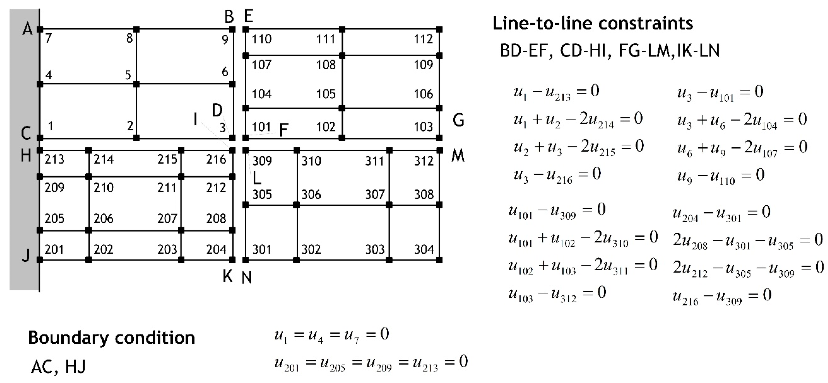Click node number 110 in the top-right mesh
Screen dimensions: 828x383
click(x=261, y=39)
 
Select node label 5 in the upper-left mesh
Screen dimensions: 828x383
click(x=128, y=75)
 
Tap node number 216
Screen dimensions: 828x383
click(x=216, y=159)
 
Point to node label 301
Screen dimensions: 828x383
click(x=262, y=249)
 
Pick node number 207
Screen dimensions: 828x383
click(x=167, y=219)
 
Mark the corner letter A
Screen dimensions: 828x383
click(x=28, y=29)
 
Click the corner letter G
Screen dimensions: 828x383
click(x=458, y=120)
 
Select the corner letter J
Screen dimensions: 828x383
click(x=26, y=255)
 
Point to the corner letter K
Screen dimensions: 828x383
click(x=228, y=276)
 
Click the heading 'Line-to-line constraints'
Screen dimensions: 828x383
click(x=593, y=23)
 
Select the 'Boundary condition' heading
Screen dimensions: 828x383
click(x=112, y=338)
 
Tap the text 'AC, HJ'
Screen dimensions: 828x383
click(x=59, y=367)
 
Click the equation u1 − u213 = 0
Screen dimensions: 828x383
click(x=556, y=92)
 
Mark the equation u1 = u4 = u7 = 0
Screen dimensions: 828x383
click(x=332, y=335)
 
